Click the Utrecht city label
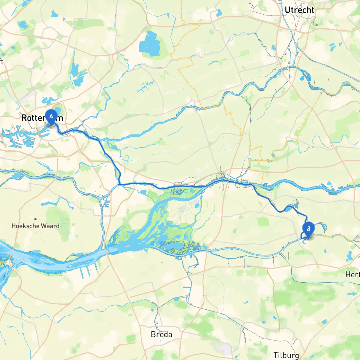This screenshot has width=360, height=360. pos(299,10)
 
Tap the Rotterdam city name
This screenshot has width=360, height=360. pos(42,118)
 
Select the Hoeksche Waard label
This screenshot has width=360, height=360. pos(35,226)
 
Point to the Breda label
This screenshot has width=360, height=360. pos(161,334)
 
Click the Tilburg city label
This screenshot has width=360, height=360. pos(286,355)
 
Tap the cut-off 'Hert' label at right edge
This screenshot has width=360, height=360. pos(352,274)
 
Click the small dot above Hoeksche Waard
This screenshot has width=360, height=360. pos(35,219)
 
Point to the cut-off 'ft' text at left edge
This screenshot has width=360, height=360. pos(1,61)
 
